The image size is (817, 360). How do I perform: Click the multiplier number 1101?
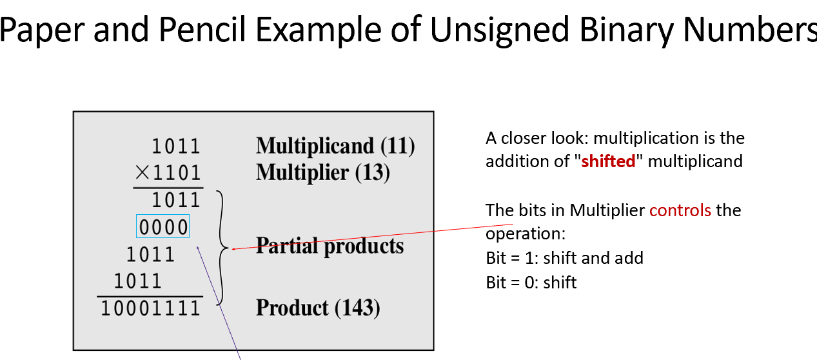(x=176, y=173)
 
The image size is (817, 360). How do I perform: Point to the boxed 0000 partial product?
(x=163, y=226)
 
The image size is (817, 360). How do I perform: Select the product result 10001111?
(x=151, y=308)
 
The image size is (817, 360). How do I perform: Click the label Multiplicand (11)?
(x=335, y=146)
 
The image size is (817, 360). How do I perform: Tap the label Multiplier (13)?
(x=323, y=172)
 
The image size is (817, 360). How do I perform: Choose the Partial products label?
(x=330, y=246)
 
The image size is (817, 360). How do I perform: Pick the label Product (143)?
(x=319, y=308)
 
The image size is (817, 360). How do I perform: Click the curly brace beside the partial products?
(x=222, y=247)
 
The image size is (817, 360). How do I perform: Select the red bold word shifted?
(x=608, y=161)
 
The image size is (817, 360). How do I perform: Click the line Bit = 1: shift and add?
(x=564, y=258)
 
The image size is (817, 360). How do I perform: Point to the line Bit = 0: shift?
(x=531, y=282)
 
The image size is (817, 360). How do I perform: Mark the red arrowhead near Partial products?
(x=233, y=248)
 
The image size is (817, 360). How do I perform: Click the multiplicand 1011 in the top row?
(x=176, y=146)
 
